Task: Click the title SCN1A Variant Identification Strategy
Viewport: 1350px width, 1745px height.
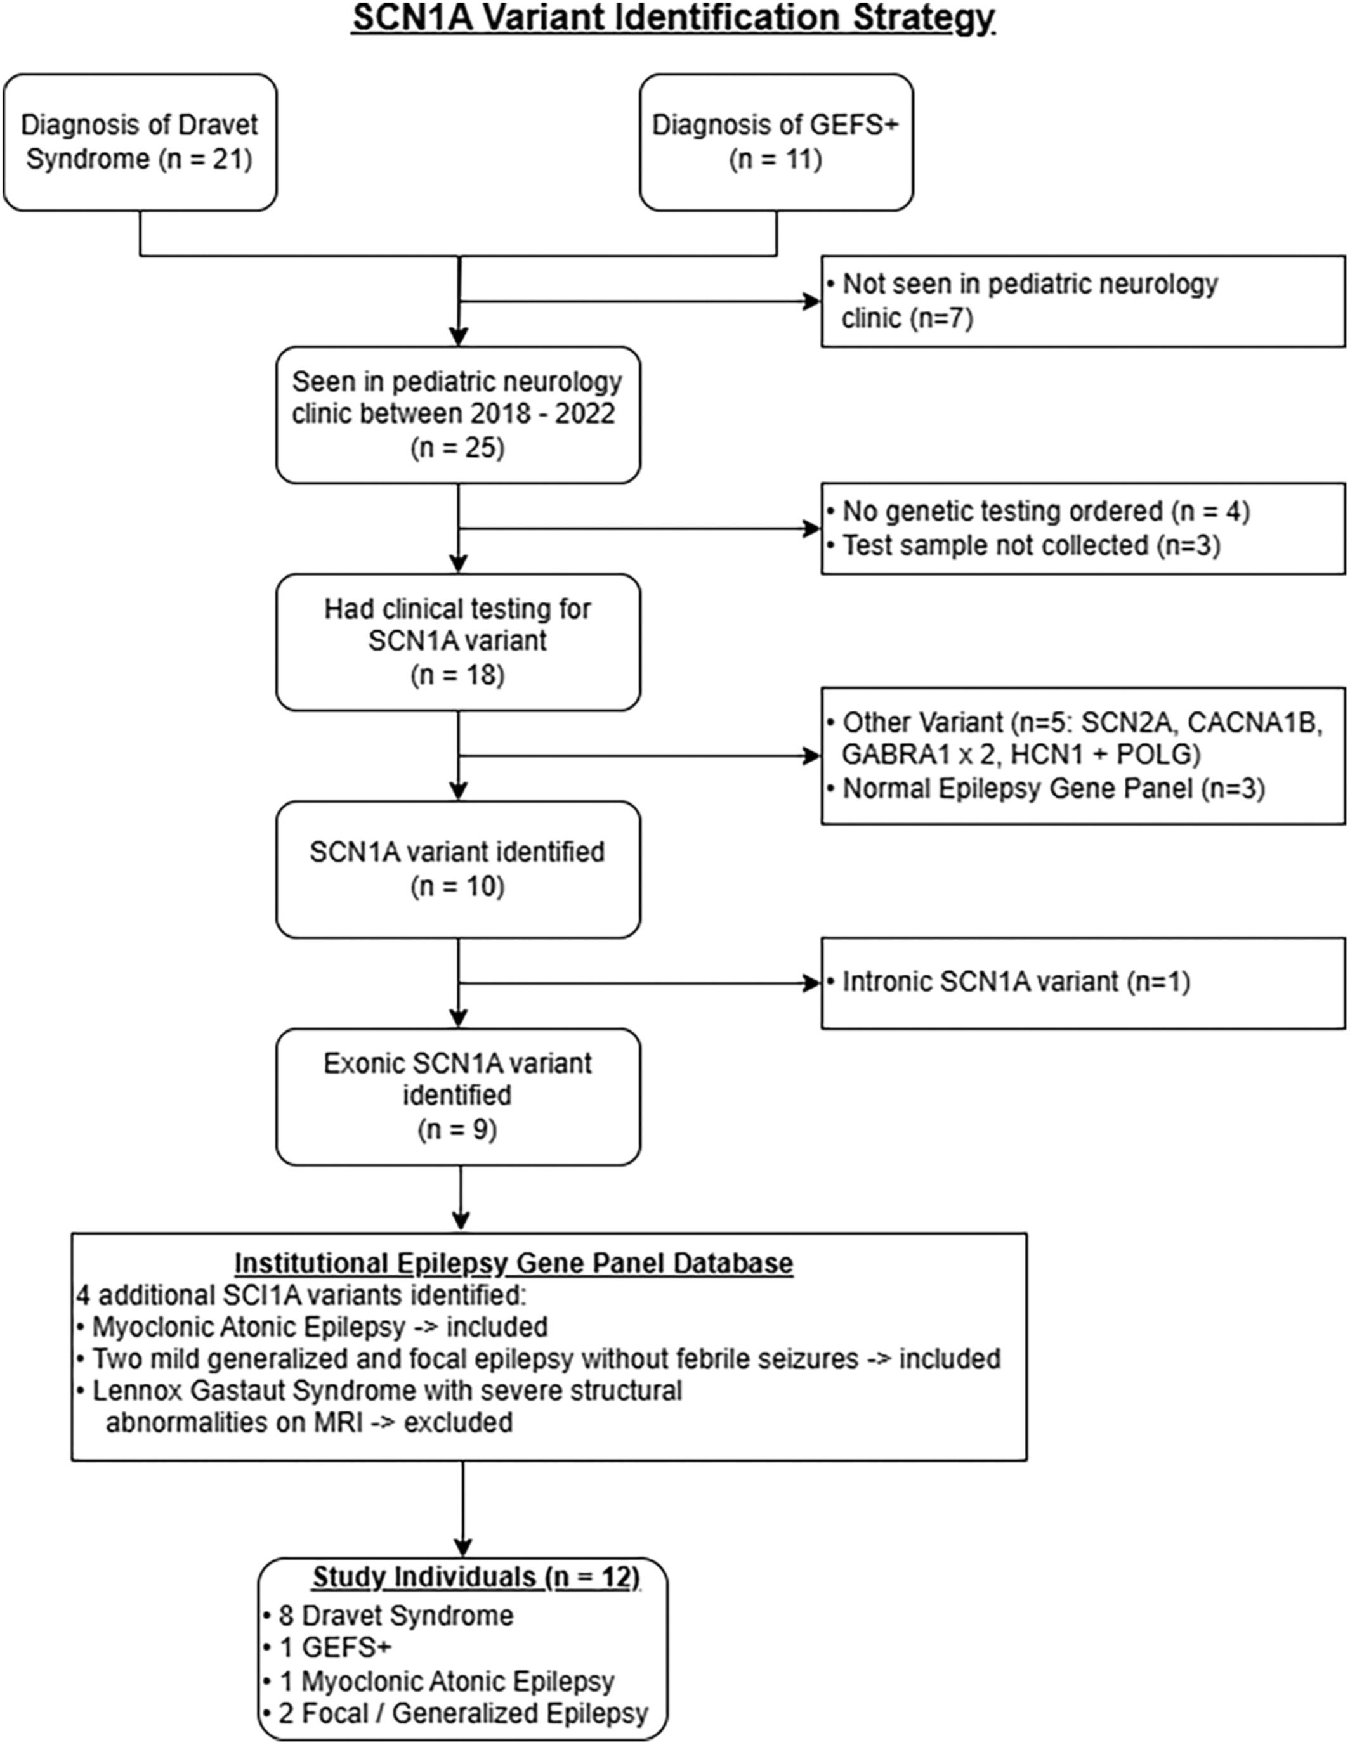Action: (x=674, y=18)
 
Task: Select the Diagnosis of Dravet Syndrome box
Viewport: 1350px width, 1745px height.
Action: (x=140, y=142)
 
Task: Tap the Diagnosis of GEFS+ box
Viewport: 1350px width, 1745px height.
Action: (x=776, y=142)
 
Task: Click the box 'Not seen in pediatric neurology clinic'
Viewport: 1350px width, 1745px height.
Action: (x=1083, y=301)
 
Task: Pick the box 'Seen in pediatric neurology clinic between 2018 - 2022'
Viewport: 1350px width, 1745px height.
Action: (x=458, y=415)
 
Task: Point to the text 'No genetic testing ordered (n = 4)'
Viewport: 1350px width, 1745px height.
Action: (x=1046, y=511)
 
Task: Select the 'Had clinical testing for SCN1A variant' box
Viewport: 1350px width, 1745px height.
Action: (x=458, y=642)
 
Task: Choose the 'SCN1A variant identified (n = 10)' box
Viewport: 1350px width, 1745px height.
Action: (x=458, y=869)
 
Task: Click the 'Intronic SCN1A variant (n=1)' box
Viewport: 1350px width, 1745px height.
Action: (x=1083, y=983)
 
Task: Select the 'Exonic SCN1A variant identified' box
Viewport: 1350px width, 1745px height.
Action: (x=458, y=1096)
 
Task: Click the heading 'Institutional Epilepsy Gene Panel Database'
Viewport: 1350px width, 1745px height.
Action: (x=514, y=1263)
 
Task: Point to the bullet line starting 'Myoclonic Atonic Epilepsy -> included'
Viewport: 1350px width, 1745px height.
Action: (x=313, y=1327)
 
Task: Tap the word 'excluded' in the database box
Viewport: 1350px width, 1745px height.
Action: (x=458, y=1422)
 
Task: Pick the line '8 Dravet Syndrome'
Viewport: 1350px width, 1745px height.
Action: (x=388, y=1616)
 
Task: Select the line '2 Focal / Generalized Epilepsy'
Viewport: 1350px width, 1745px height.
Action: (x=455, y=1714)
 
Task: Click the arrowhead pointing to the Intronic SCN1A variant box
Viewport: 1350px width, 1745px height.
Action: (x=812, y=983)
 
